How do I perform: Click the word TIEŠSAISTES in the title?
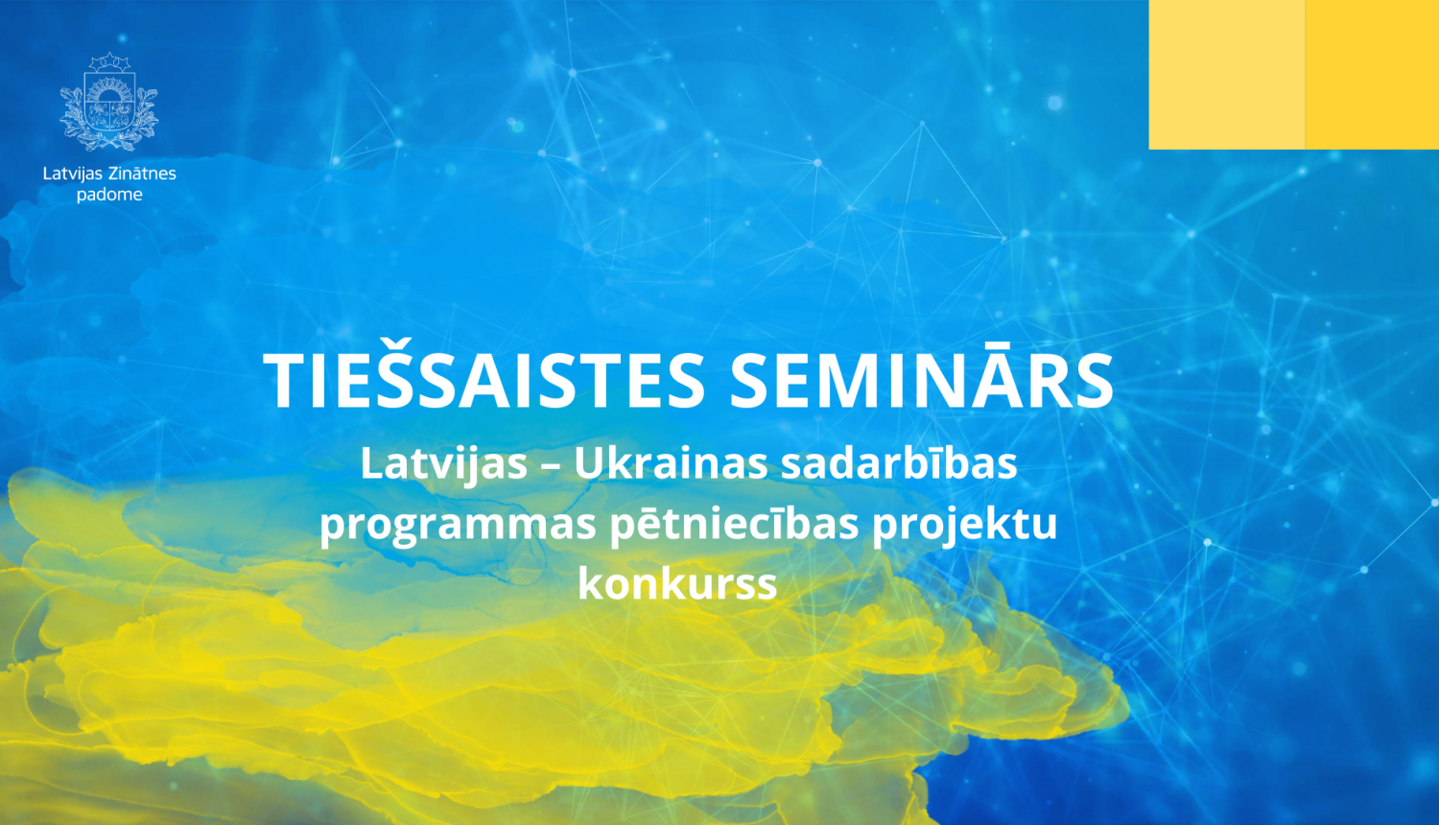[484, 381]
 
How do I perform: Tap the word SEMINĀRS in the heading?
[921, 381]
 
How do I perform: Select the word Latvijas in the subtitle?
[444, 464]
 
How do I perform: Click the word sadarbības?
[899, 464]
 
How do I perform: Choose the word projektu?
[964, 525]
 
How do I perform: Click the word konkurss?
[677, 583]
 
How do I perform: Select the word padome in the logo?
[109, 195]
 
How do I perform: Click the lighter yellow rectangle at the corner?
[1226, 74]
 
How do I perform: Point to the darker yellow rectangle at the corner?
[1373, 74]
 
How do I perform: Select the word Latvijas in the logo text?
[72, 174]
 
